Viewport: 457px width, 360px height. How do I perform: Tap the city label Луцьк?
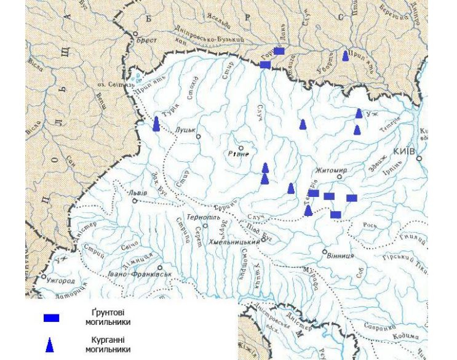(x=185, y=130)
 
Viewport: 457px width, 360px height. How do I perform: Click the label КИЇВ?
(x=404, y=151)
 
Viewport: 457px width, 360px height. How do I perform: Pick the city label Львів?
(x=138, y=193)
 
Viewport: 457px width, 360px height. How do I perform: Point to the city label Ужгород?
(x=60, y=280)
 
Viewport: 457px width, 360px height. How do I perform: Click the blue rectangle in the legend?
(x=51, y=318)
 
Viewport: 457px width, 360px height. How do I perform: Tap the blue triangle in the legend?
(x=50, y=345)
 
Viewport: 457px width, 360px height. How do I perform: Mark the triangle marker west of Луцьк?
(x=156, y=124)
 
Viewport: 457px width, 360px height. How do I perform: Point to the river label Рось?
(x=370, y=225)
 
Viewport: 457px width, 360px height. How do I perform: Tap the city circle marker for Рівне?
(x=241, y=148)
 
